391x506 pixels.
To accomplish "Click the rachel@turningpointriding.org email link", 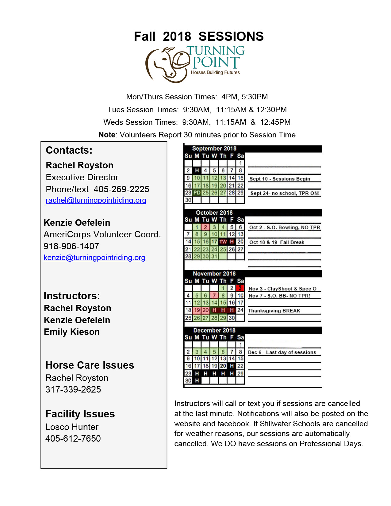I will [96, 200].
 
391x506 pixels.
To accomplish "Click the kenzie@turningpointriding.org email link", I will [94, 258].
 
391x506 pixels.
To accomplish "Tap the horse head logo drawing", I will [167, 65].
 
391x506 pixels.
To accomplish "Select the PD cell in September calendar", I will [197, 193].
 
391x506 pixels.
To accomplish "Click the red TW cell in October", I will [223, 242].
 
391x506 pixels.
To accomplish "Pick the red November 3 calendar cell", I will [240, 288].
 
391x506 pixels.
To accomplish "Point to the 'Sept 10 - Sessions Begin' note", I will [280, 179].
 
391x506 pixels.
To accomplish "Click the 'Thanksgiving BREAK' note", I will [274, 311].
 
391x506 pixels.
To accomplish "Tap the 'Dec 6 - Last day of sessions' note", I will [282, 352].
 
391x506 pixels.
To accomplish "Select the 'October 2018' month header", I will [214, 213].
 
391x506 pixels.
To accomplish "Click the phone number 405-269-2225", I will [121, 189].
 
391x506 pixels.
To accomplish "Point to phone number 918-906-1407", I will [71, 246].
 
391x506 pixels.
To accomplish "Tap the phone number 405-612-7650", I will [73, 439].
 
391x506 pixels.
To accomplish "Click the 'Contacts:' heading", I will [69, 150].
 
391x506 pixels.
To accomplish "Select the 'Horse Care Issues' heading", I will [90, 365].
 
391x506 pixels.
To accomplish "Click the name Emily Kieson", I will [72, 332].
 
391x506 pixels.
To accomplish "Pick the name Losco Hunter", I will [72, 427].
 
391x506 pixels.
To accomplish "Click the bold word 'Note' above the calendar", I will [107, 135].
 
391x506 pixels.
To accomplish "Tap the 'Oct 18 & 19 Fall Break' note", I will [277, 242].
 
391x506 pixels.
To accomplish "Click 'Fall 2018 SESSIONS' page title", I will [199, 36].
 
